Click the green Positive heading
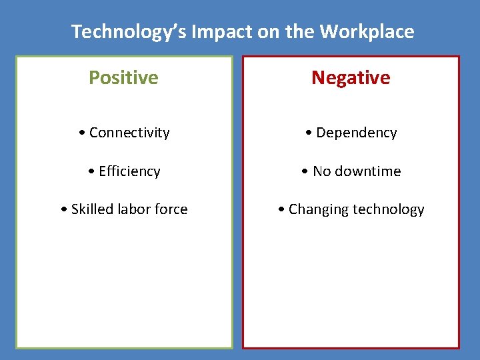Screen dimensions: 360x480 (x=124, y=77)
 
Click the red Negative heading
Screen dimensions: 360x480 (x=351, y=77)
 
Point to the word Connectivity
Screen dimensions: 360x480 (x=129, y=133)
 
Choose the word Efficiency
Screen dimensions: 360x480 (x=129, y=171)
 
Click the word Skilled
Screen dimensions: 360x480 (x=93, y=209)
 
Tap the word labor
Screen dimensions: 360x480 (x=136, y=209)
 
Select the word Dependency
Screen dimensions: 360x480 (x=357, y=133)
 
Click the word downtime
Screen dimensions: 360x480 (x=368, y=171)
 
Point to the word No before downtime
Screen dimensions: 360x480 (x=322, y=171)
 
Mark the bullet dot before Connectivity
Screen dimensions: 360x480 (x=82, y=133)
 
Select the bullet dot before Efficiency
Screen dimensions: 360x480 (x=92, y=172)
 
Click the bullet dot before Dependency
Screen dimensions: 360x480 (x=309, y=133)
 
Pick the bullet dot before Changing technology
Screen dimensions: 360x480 (x=282, y=210)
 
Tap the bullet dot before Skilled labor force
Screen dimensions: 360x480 (x=64, y=210)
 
